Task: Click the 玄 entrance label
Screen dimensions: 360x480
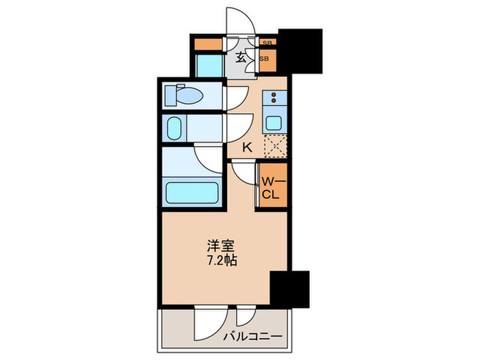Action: point(241,58)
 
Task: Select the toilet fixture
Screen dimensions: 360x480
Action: point(184,95)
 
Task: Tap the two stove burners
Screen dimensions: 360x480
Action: point(274,99)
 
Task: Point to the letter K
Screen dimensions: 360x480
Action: point(248,146)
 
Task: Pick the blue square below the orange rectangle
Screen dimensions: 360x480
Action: point(209,67)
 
